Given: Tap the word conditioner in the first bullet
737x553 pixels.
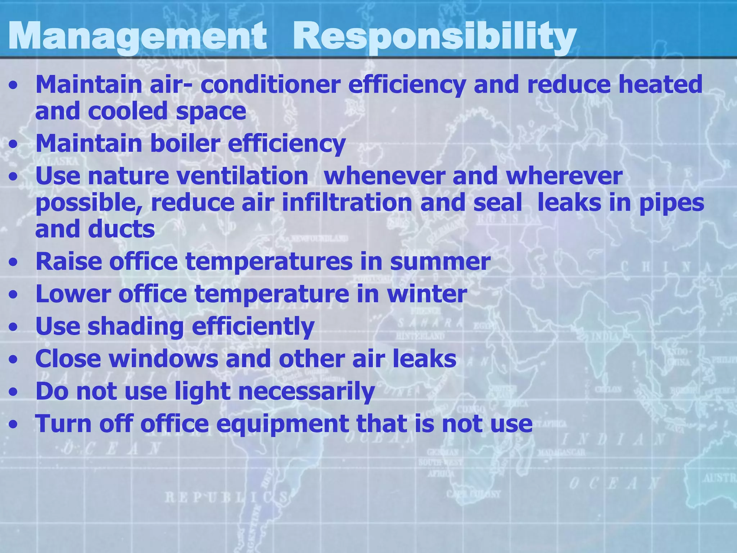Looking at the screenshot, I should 270,84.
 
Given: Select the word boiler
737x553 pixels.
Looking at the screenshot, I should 185,143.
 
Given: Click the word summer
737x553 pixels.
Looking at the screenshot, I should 440,261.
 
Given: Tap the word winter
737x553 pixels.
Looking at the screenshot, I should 427,294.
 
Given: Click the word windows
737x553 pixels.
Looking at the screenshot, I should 163,359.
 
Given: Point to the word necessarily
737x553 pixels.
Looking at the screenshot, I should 307,391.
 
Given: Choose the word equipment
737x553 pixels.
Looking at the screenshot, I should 282,424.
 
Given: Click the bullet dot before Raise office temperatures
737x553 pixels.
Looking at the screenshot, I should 14,263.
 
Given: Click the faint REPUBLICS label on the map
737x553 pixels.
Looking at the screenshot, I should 226,498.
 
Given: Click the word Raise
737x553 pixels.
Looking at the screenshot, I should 69,261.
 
